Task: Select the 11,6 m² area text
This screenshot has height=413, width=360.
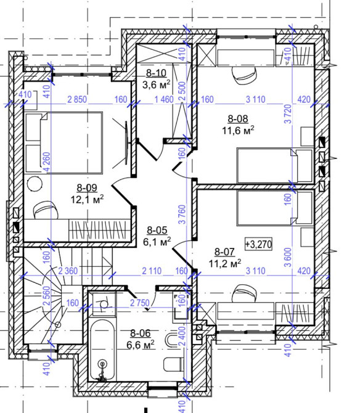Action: [238, 130]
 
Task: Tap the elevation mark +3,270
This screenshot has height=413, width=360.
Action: [260, 243]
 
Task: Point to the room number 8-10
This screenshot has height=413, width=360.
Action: [147, 72]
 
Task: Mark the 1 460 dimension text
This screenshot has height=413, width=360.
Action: [165, 99]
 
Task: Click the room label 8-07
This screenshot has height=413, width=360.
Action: [225, 251]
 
